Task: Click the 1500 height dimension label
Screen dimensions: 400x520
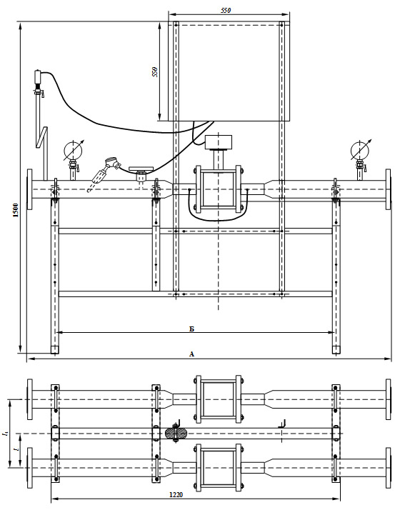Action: point(16,210)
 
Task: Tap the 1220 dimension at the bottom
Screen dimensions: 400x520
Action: point(176,495)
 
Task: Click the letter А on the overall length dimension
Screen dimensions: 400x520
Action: point(191,354)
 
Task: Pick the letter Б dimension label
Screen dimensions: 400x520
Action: point(191,329)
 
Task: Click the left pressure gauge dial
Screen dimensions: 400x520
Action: point(73,150)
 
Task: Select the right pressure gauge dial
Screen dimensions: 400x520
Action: point(359,150)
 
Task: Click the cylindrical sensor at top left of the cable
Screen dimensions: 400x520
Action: point(38,78)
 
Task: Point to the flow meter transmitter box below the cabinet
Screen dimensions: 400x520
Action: point(219,142)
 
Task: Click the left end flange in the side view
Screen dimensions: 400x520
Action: point(29,189)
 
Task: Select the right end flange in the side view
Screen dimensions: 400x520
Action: point(388,189)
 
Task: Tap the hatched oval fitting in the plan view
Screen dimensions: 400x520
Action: point(176,434)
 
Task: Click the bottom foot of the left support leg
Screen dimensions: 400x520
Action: point(55,349)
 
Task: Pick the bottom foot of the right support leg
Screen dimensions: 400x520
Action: point(336,349)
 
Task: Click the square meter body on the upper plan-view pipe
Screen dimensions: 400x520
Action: point(219,399)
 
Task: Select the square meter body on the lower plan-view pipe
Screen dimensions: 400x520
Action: point(219,468)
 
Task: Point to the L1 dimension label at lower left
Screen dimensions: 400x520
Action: point(5,433)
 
